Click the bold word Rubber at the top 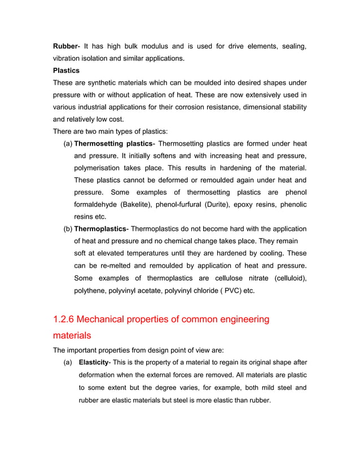pyautogui.click(x=64, y=46)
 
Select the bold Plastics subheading pyautogui.click(x=66, y=71)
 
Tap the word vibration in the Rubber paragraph pyautogui.click(x=68, y=58)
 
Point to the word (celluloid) pyautogui.click(x=290, y=278)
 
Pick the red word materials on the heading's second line pyautogui.click(x=72, y=335)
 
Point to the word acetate pyautogui.click(x=159, y=291)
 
